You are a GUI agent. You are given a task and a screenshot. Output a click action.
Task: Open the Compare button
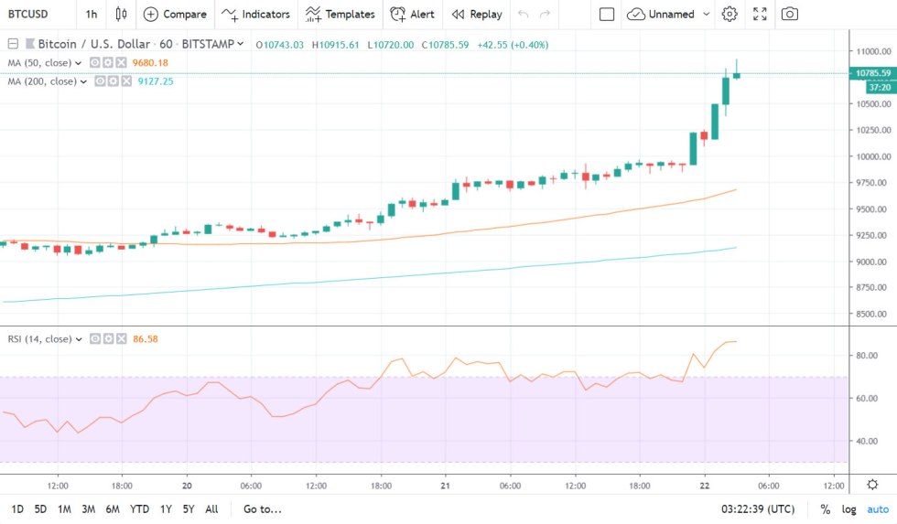point(175,14)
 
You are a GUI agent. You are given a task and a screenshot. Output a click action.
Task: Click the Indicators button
point(255,14)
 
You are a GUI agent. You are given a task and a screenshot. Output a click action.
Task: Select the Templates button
point(340,14)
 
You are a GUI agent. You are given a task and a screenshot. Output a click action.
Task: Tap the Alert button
point(412,14)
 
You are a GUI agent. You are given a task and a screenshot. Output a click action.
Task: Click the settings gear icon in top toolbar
point(729,14)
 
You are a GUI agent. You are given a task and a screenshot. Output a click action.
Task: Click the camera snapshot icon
point(789,14)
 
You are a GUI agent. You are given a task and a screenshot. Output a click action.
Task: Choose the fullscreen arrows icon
point(760,14)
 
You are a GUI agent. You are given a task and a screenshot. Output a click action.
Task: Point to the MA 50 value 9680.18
point(150,62)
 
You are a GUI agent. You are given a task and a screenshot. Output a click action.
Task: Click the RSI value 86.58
point(146,338)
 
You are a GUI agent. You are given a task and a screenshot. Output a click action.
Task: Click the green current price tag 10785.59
point(872,73)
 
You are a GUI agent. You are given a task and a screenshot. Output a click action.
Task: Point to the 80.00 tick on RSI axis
point(866,355)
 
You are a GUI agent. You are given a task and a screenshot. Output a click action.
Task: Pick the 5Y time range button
point(188,509)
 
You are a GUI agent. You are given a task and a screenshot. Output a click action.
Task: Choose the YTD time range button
point(139,509)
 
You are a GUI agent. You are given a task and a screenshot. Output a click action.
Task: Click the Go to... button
point(263,509)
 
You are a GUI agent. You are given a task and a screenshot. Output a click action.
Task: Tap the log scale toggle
point(849,509)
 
